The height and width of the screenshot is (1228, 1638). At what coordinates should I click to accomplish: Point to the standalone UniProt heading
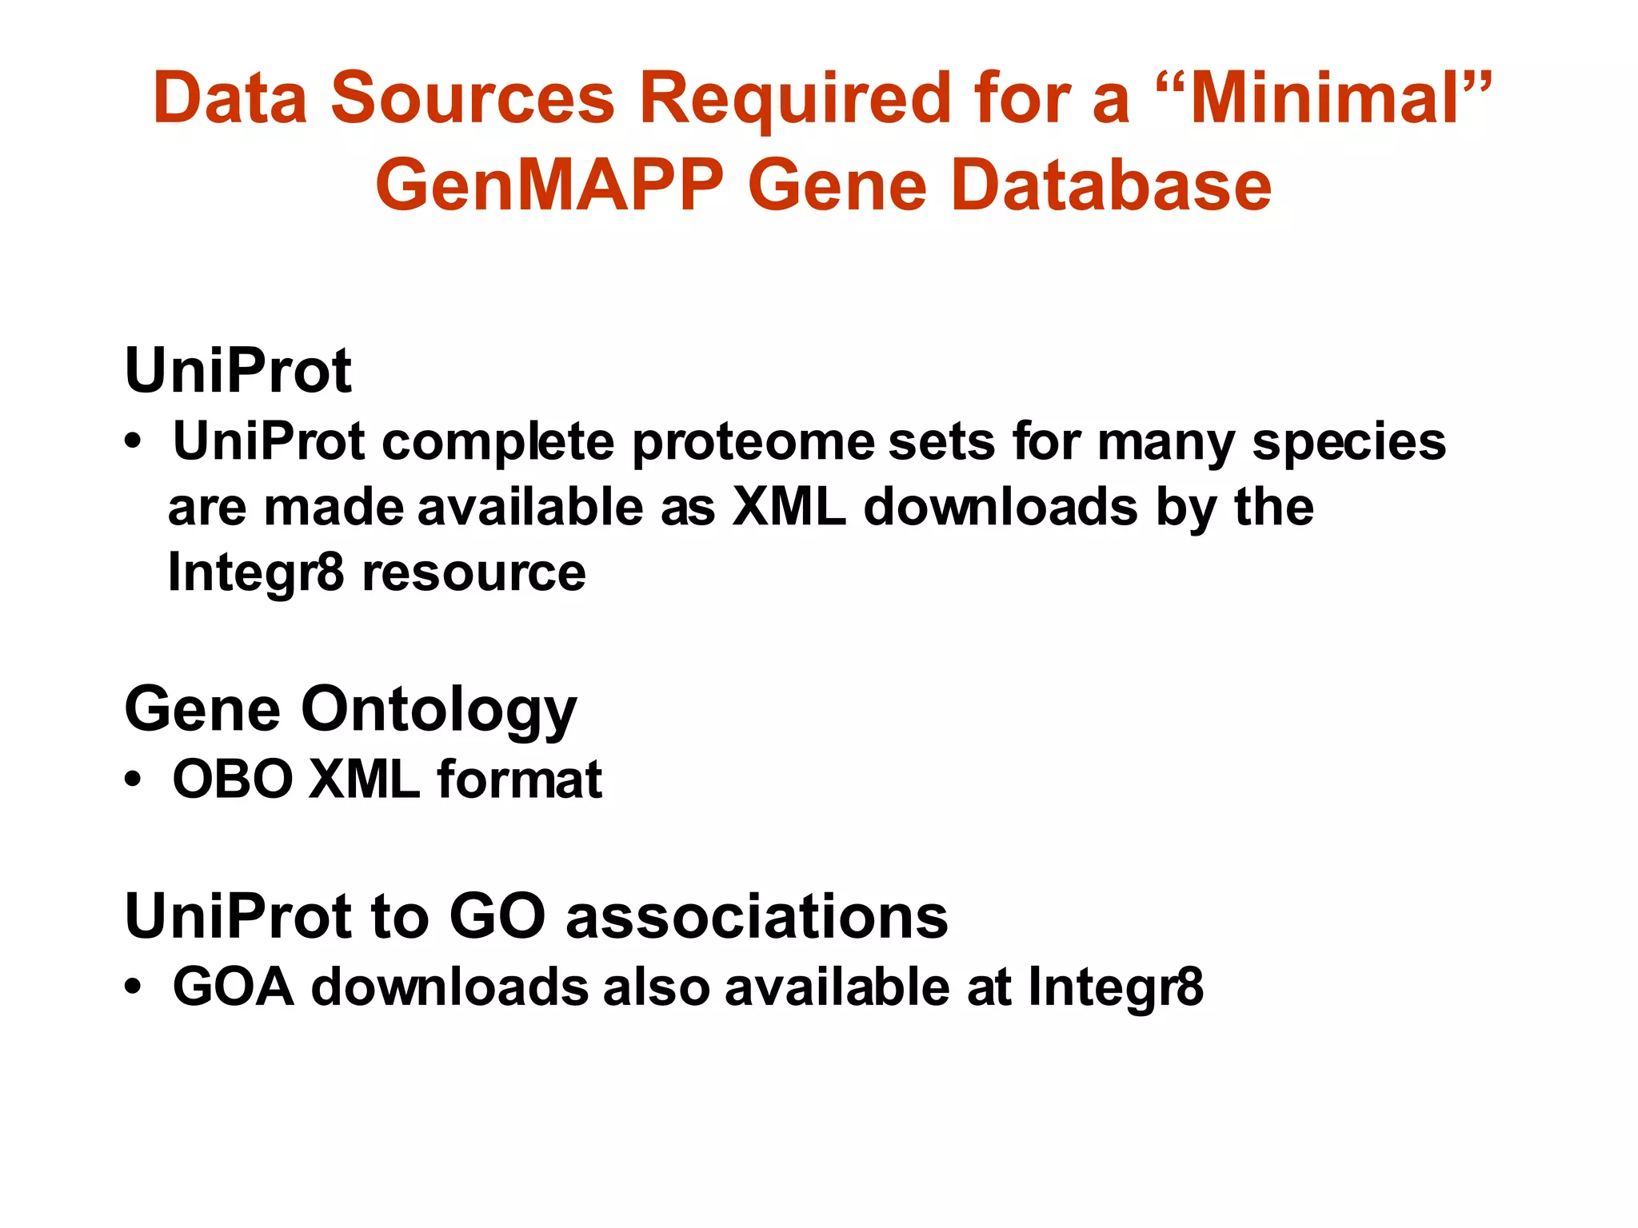coord(238,371)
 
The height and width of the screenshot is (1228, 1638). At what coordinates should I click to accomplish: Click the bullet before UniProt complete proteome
coord(133,441)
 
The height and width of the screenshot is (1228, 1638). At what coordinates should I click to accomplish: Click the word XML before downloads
coord(789,507)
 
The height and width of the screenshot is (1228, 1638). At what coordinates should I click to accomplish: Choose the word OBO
coord(233,779)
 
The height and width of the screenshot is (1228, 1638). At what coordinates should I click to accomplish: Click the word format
coord(519,779)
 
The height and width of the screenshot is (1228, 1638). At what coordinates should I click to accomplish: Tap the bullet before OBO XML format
coord(133,779)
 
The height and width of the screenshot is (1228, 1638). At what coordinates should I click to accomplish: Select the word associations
coord(757,916)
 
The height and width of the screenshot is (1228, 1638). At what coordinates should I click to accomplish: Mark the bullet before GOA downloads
coord(133,987)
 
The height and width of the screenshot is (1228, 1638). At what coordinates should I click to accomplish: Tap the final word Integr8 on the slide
coord(1115,987)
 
